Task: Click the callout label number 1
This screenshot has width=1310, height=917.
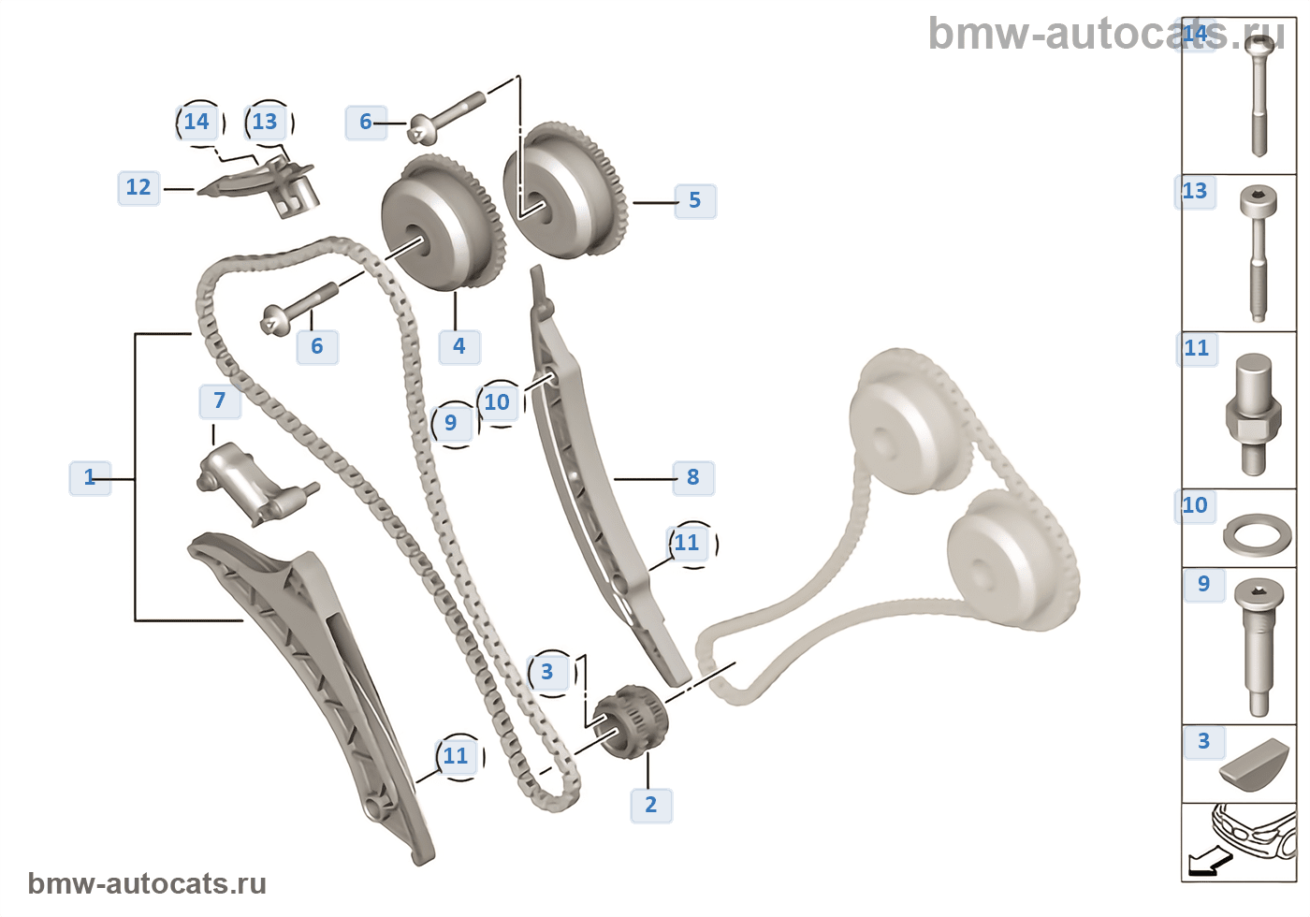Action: (x=90, y=477)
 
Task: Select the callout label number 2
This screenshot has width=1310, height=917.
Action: (x=651, y=805)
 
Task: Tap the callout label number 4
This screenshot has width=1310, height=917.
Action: (x=459, y=346)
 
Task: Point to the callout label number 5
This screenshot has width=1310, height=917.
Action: (x=694, y=200)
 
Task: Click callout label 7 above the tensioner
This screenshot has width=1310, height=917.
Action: (x=220, y=400)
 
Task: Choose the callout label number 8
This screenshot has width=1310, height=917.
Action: (x=692, y=477)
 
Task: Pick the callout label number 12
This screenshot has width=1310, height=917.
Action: (x=138, y=187)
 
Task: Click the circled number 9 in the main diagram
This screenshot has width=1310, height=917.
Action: (x=451, y=423)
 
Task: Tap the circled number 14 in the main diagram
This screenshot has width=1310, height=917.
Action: (x=196, y=122)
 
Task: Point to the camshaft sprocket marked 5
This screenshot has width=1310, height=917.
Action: (x=565, y=192)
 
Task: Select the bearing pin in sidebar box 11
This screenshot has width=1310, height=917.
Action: (x=1252, y=412)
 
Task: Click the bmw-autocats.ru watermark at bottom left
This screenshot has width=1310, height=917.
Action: (x=147, y=884)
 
